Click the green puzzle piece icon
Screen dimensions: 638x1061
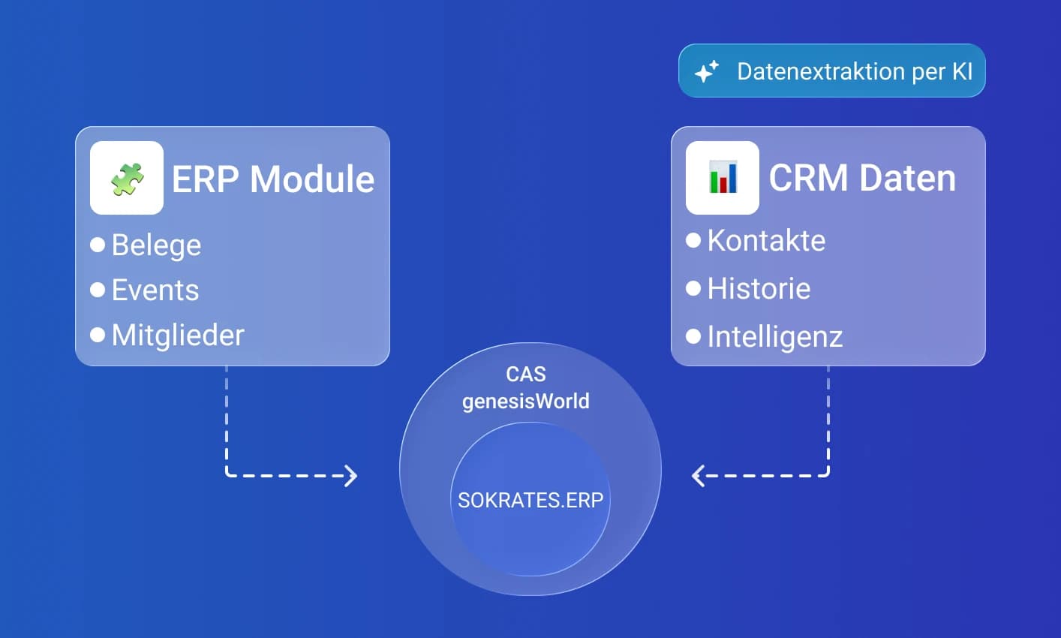tap(127, 179)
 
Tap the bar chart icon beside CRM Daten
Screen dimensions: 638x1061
tap(723, 178)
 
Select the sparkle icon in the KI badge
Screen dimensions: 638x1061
tap(706, 71)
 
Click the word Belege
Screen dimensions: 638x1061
tap(156, 245)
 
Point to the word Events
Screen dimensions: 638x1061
tap(155, 290)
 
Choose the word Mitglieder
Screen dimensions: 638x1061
tap(178, 336)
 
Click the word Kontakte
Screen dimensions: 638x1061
tap(766, 241)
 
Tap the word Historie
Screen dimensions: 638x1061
tap(759, 289)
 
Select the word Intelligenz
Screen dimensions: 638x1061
tap(775, 337)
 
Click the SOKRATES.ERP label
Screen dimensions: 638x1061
tap(530, 500)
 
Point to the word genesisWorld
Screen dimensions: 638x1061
tap(526, 402)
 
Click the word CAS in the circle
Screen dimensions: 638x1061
tap(526, 374)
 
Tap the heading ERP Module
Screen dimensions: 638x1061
tap(273, 179)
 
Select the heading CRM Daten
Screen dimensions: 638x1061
tap(862, 178)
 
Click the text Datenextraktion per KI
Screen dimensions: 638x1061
tap(855, 71)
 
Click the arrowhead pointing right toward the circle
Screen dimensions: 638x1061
tap(351, 475)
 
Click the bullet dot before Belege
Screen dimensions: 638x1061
tap(98, 245)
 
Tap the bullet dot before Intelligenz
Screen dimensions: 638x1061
tap(693, 336)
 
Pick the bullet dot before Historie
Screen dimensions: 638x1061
tap(693, 288)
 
